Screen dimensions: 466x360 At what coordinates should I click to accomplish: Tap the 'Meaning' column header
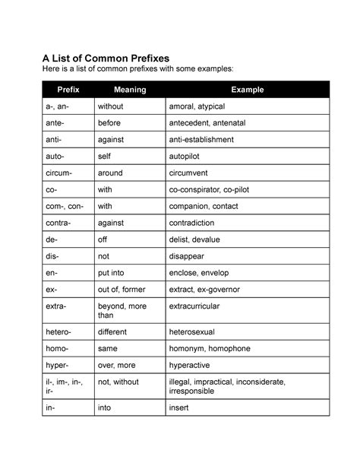coord(128,90)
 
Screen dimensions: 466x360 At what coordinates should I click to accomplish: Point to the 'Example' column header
coord(248,90)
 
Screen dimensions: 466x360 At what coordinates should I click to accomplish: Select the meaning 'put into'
coord(112,274)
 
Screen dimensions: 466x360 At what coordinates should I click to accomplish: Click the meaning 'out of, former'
coord(122,290)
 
